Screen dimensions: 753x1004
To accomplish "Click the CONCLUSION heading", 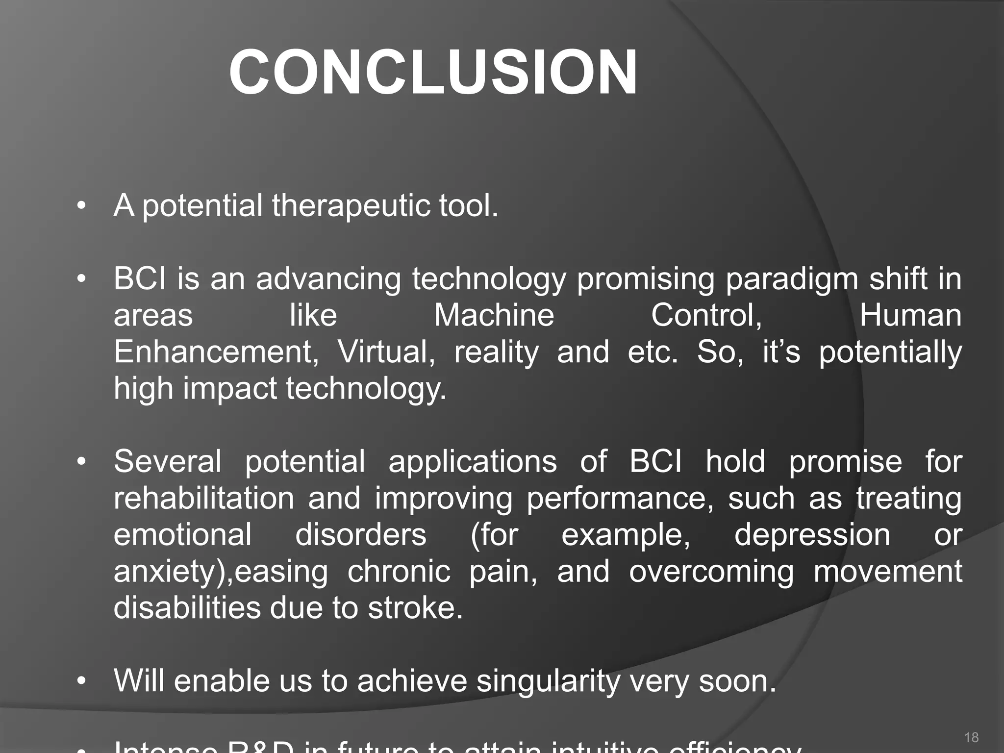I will pyautogui.click(x=433, y=73).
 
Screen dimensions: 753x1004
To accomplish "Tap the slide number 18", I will pyautogui.click(x=971, y=737).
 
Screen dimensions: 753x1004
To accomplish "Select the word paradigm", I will pyautogui.click(x=791, y=279).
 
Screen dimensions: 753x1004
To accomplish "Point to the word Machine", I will pyautogui.click(x=494, y=315).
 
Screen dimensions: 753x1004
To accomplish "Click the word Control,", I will pyautogui.click(x=706, y=315).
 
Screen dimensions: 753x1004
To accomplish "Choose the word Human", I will pyautogui.click(x=910, y=315).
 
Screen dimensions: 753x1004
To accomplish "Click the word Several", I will pyautogui.click(x=167, y=462).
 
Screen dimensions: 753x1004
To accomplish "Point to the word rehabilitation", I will pyautogui.click(x=203, y=499).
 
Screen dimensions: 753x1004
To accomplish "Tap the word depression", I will pyautogui.click(x=812, y=535).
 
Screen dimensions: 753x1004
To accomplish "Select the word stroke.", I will pyautogui.click(x=415, y=608).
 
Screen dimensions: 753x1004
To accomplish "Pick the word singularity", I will pyautogui.click(x=548, y=682).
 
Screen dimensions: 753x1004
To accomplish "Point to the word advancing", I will pyautogui.click(x=328, y=279).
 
